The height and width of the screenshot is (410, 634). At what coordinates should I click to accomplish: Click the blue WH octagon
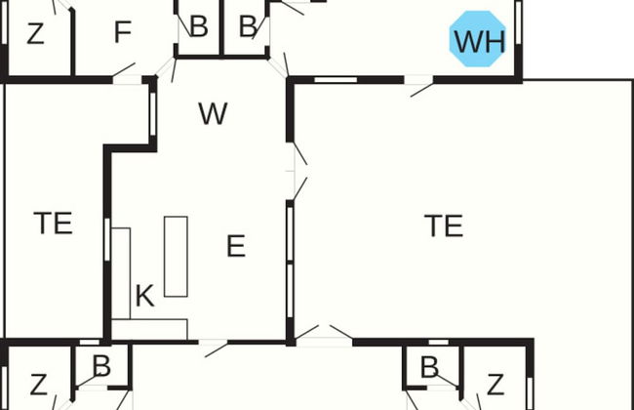pos(478,39)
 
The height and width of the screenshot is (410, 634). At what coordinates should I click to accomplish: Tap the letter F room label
pos(123,32)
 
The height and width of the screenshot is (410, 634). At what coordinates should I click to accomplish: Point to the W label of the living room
pos(213,114)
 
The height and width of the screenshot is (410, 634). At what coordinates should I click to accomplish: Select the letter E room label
pos(236,246)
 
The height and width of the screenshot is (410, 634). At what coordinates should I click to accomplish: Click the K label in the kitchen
pos(144,296)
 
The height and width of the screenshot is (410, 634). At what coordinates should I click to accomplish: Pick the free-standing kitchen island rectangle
pos(176,257)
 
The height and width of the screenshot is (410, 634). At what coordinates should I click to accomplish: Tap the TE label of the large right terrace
pos(444,225)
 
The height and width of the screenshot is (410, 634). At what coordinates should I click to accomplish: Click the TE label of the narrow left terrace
pos(53,223)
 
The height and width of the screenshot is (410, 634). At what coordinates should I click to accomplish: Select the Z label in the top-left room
pos(35,33)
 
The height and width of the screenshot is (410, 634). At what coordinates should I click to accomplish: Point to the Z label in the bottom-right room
pos(495,385)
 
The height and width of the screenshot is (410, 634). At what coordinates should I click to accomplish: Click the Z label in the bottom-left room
pos(38,385)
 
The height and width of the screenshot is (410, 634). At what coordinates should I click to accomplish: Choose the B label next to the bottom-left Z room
pos(101,366)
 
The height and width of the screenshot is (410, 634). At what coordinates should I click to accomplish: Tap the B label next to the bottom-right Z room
pos(429,367)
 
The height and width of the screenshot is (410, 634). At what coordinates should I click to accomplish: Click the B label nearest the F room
pos(199,26)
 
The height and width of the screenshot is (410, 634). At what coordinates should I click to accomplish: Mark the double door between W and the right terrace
pos(299,171)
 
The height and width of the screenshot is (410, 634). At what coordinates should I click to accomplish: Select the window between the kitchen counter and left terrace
pos(107,239)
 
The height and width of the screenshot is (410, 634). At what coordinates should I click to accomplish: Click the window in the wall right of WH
pos(519,22)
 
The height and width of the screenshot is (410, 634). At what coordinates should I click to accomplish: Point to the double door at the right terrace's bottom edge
pos(324,335)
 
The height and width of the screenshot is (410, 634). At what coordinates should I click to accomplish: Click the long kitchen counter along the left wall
pos(121,273)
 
